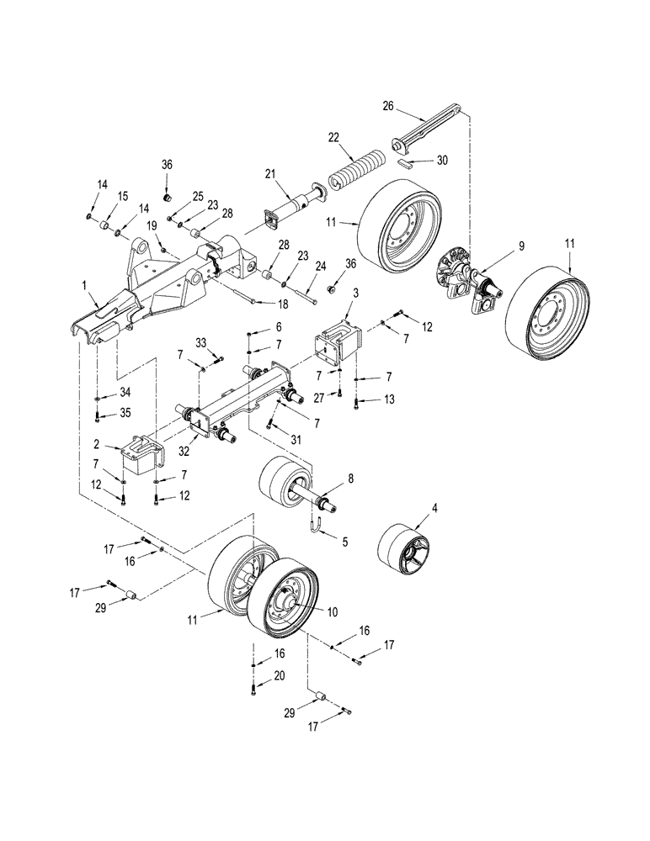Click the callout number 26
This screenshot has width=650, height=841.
pos(387,106)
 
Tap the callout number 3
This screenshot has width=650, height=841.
pos(356,292)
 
